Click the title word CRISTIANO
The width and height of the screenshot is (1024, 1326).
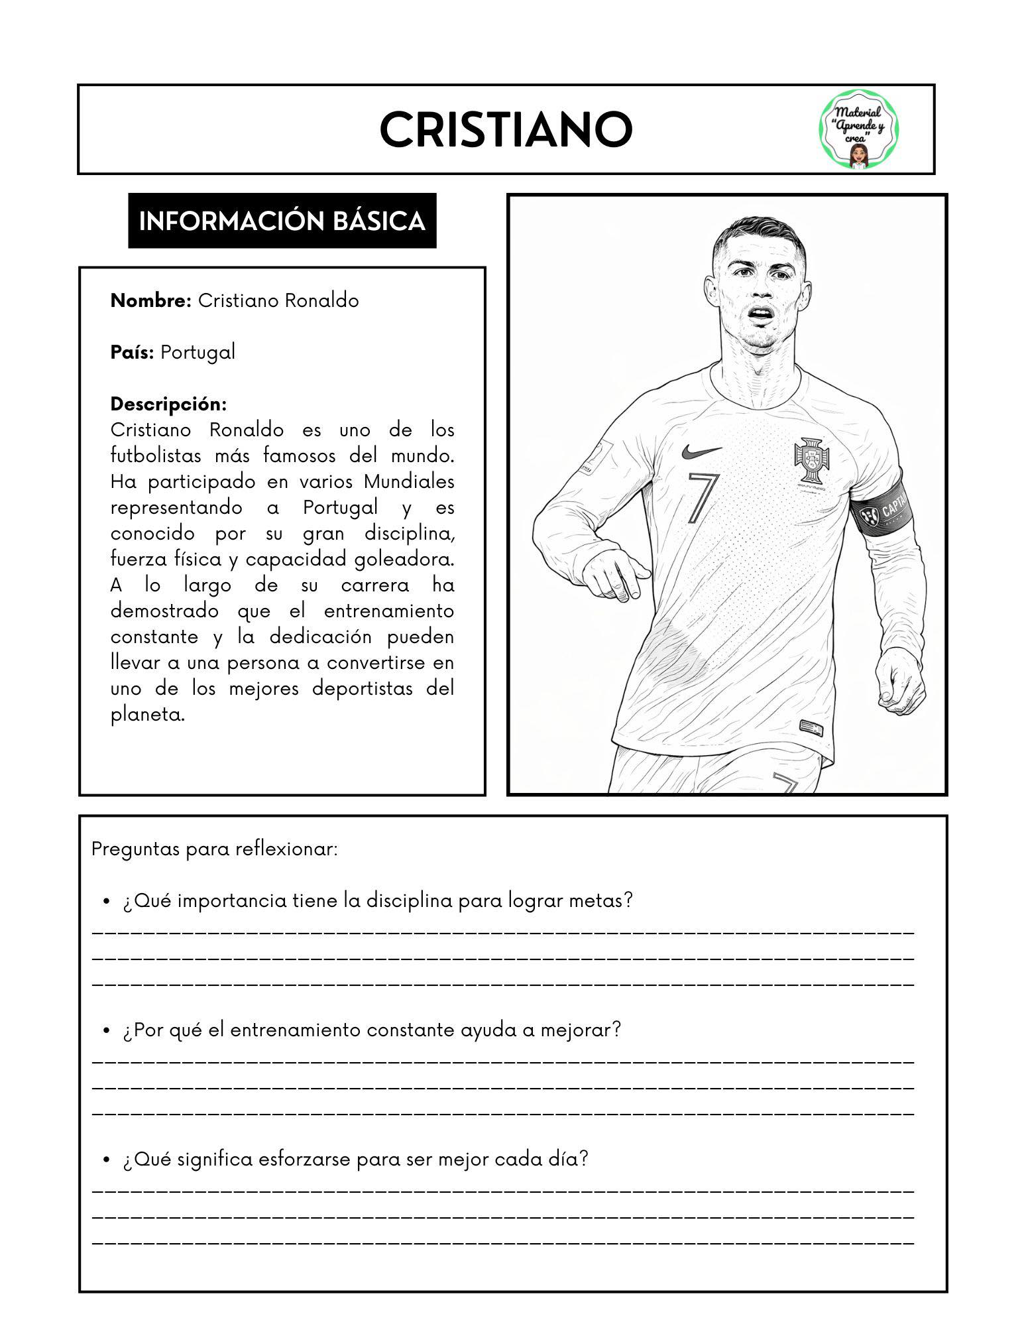[x=506, y=130]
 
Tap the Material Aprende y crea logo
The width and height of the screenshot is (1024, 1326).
[x=860, y=130]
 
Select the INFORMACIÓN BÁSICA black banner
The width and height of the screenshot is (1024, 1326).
[x=282, y=221]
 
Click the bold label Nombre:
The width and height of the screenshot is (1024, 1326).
[x=151, y=301]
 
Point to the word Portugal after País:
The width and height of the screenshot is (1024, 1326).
[x=198, y=352]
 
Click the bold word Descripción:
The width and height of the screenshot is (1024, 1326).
[x=168, y=404]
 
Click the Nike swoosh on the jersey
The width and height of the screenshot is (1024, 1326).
[x=701, y=452]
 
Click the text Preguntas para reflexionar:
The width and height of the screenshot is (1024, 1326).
[x=215, y=849]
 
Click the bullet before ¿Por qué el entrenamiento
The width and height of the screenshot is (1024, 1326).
[x=105, y=1031]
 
